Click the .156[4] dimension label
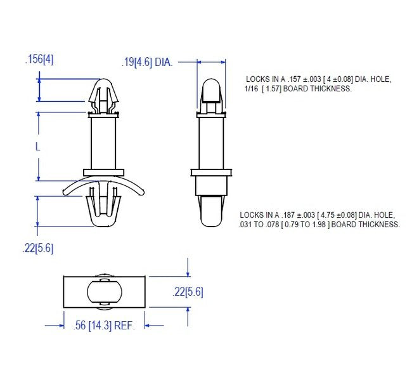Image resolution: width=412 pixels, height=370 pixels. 39,59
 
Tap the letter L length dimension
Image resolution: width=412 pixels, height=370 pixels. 38,146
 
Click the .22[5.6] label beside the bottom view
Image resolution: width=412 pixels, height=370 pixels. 188,292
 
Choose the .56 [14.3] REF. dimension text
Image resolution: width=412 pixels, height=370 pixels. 105,326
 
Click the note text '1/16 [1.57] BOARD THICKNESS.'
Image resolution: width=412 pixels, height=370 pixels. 298,89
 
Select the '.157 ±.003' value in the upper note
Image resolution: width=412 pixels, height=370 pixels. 307,79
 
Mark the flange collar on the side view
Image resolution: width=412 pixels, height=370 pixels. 212,173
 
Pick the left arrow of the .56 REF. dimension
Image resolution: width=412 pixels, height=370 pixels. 58,326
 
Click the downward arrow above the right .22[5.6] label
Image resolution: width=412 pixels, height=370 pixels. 188,271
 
